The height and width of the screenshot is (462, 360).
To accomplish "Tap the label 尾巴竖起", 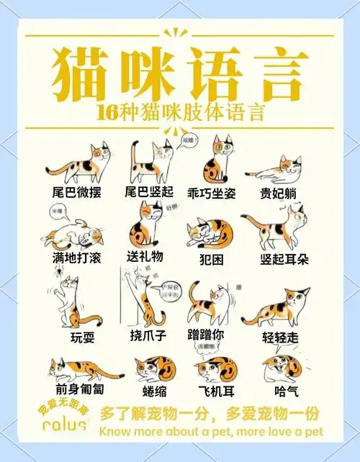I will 149,192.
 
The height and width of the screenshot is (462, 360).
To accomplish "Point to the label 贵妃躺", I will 279,194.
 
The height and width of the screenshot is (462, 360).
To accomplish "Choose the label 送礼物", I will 145,256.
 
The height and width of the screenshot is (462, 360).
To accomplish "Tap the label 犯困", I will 213,258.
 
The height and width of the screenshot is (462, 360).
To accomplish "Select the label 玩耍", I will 82,338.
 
